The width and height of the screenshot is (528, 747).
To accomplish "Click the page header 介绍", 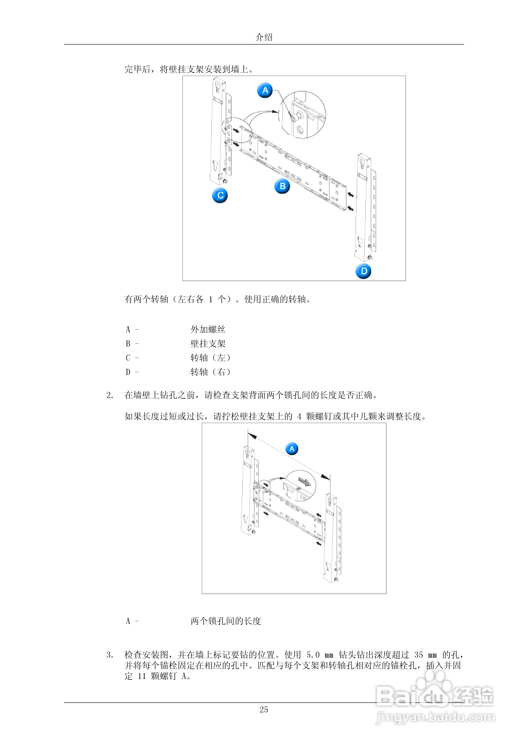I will tap(264, 37).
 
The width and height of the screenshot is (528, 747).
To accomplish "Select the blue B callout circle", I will tap(282, 186).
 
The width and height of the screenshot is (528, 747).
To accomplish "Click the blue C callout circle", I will tap(220, 195).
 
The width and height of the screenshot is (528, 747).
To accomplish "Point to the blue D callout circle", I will tap(363, 271).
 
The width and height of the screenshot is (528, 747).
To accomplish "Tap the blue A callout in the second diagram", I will tap(292, 449).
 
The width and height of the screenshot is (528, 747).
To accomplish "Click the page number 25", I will tap(264, 710).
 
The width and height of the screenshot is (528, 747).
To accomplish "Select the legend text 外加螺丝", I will tap(208, 330).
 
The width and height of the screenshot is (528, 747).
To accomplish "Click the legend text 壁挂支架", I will tap(208, 344).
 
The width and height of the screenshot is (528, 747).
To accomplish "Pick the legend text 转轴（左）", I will tap(211, 358).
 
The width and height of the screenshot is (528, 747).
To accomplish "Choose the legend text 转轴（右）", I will tap(211, 372).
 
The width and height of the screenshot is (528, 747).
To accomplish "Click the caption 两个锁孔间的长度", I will tap(226, 621).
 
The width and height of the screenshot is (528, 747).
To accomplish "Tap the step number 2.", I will tap(110, 395).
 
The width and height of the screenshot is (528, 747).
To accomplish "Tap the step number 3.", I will tap(110, 655).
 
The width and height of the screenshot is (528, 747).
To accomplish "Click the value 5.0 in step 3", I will tap(313, 655).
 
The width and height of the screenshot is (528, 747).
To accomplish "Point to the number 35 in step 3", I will tap(418, 655).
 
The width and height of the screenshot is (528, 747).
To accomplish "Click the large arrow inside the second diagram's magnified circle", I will tap(304, 482).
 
